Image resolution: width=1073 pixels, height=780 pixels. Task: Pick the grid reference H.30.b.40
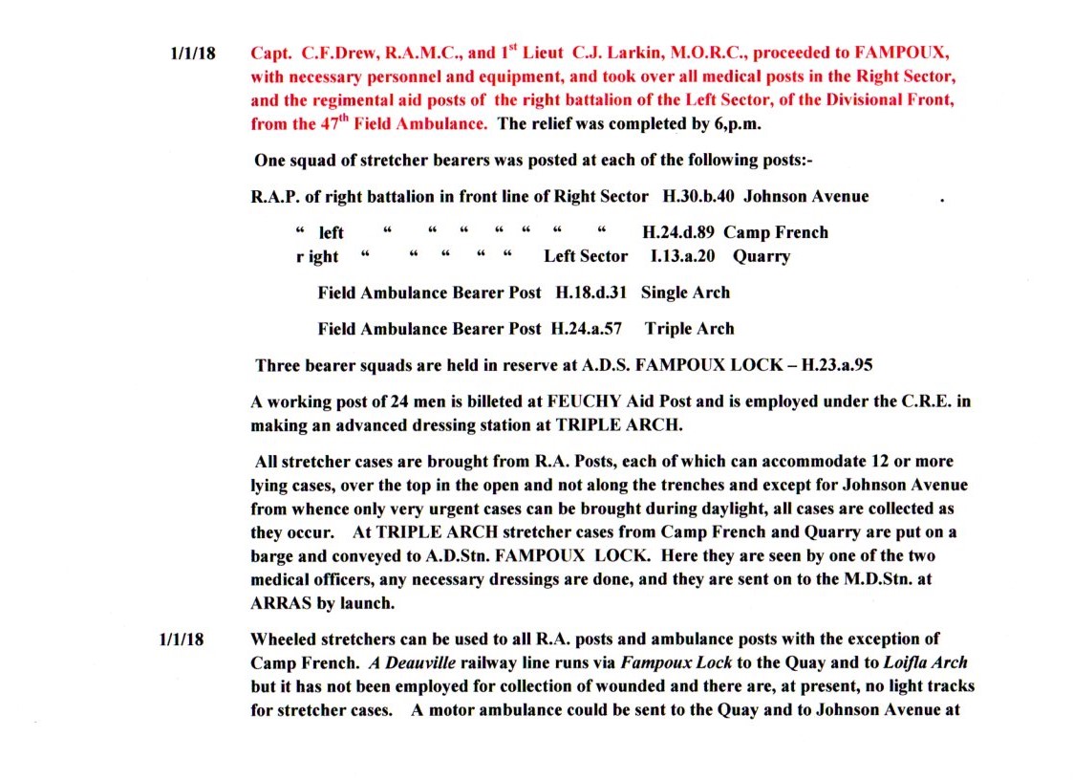pos(697,197)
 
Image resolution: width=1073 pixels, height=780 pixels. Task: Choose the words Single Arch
pos(685,292)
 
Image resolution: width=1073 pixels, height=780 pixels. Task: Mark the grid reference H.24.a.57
pos(587,329)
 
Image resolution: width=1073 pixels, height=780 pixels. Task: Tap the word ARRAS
pos(279,603)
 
